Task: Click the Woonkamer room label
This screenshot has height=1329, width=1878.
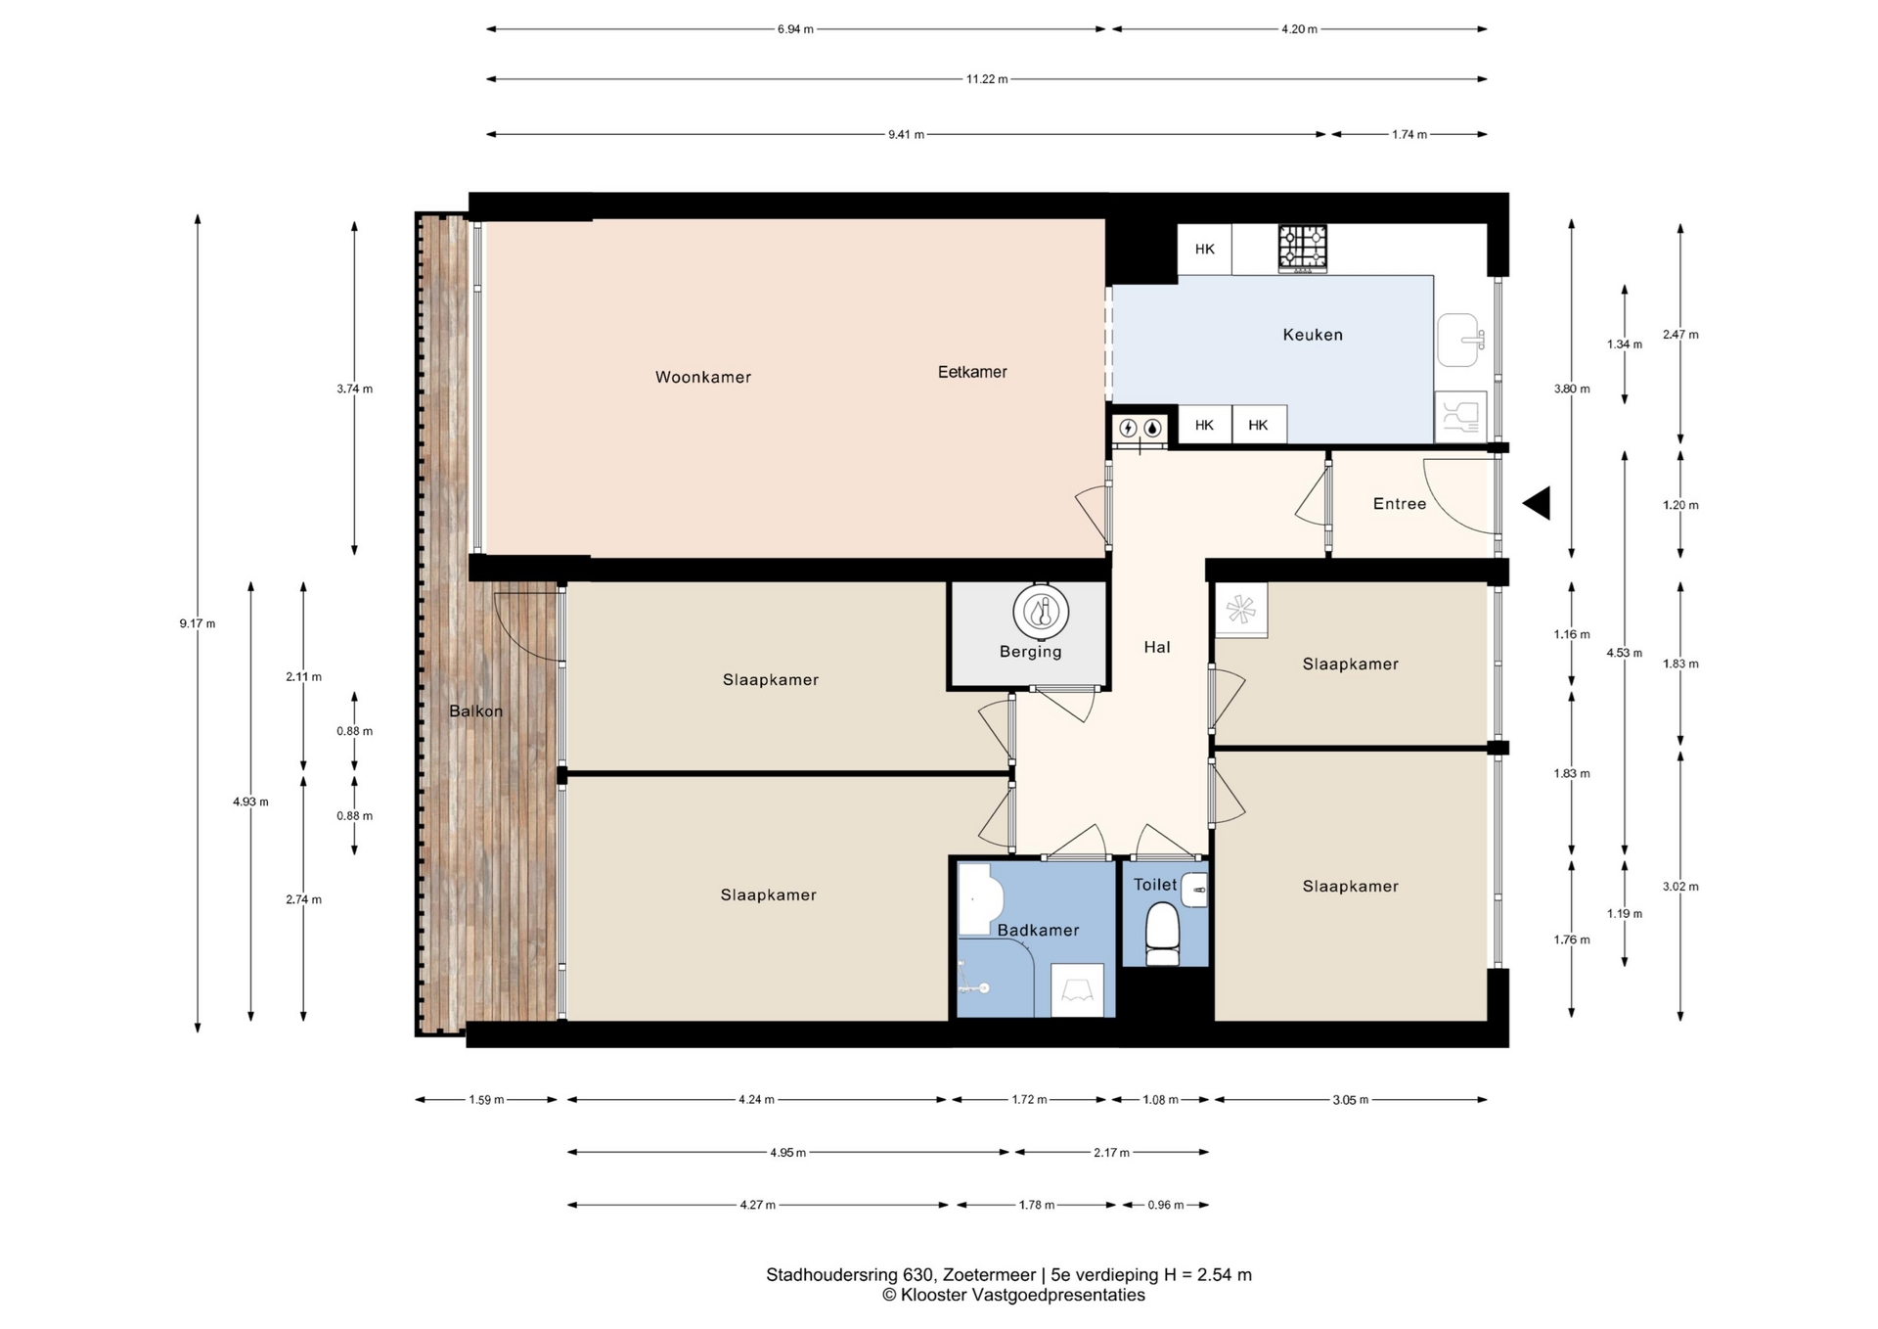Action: coord(703,377)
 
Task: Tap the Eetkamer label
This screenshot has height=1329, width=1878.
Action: coord(972,372)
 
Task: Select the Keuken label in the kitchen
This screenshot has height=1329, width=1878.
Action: coord(1313,335)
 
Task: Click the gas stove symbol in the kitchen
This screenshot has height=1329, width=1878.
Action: coord(1303,248)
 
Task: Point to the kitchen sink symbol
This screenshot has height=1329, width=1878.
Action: coord(1460,340)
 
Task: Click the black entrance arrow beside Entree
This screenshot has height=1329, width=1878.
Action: coord(1537,503)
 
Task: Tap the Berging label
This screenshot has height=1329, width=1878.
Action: coord(1030,652)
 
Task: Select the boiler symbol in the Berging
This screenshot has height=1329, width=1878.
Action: coord(1041,613)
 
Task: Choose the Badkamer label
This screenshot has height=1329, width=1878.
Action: coord(1038,931)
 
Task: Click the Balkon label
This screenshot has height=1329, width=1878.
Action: coord(476,711)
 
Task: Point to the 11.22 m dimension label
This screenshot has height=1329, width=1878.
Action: coord(987,79)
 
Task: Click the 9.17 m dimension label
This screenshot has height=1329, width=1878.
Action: coord(198,623)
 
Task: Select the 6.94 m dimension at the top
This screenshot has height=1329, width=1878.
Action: coord(795,29)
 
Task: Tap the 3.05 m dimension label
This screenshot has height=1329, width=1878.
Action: coord(1350,1100)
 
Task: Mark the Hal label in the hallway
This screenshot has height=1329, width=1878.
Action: coord(1157,647)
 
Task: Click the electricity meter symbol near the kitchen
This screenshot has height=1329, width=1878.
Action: coord(1128,428)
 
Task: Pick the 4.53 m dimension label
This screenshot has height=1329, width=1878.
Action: coord(1624,653)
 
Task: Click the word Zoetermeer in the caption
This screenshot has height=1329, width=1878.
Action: coord(989,1275)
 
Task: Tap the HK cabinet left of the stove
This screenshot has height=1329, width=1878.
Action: coord(1204,250)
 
